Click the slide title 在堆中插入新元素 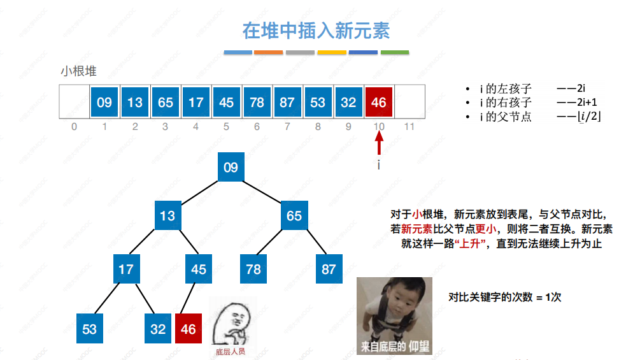[316, 30]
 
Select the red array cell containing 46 [379, 102]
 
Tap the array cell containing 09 [104, 102]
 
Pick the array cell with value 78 [257, 102]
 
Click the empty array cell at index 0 [74, 102]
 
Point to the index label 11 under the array [409, 127]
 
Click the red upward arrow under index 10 [379, 145]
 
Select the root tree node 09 [231, 168]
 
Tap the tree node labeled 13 [167, 215]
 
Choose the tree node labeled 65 [294, 215]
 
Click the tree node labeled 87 [328, 269]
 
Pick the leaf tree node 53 [89, 329]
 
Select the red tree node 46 [188, 329]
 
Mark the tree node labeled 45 [199, 269]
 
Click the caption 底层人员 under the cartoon [231, 350]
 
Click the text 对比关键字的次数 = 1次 [504, 297]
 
